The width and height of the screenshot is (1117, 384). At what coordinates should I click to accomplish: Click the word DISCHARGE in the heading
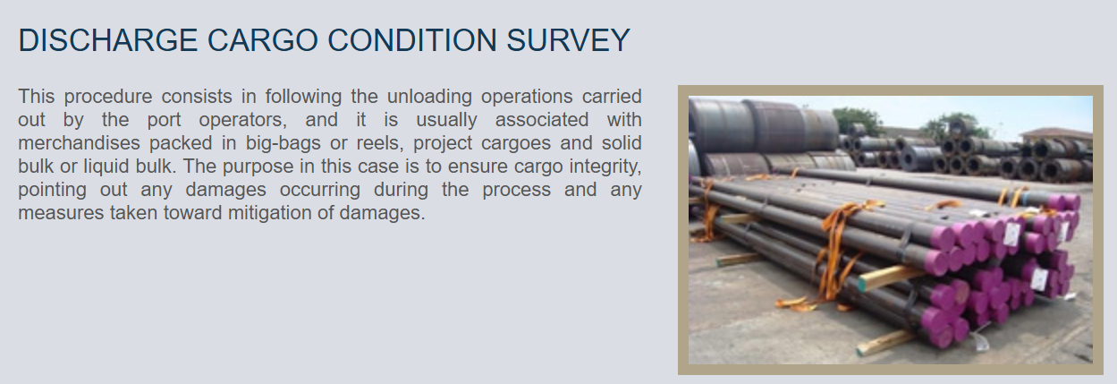(x=107, y=40)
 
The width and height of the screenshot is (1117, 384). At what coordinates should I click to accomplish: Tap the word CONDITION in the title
(x=412, y=40)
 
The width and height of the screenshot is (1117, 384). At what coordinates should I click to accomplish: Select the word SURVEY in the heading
(x=569, y=40)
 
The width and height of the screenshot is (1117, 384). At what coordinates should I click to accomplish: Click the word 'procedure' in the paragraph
(x=108, y=97)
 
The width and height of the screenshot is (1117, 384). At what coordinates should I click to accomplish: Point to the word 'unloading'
(x=429, y=97)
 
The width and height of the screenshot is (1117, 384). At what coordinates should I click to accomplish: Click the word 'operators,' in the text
(x=243, y=120)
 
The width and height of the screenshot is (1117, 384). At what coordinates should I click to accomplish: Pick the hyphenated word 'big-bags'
(x=283, y=143)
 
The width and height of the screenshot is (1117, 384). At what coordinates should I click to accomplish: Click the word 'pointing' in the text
(x=53, y=190)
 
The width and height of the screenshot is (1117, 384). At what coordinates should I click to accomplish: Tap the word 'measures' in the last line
(x=59, y=213)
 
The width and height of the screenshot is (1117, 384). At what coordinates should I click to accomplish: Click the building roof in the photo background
(x=1055, y=132)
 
